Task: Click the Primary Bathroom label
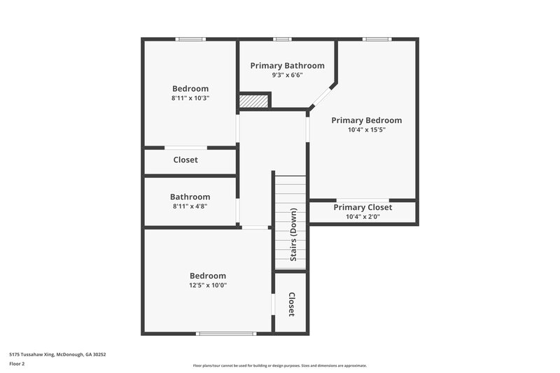(x=287, y=66)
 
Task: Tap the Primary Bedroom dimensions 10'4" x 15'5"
(x=367, y=129)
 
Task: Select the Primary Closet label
(x=363, y=207)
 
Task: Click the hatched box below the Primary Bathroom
(x=253, y=101)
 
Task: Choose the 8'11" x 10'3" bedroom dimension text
(x=190, y=99)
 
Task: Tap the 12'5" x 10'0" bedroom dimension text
(x=208, y=286)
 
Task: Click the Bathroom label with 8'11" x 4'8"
(x=190, y=197)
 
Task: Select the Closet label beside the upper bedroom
(x=185, y=160)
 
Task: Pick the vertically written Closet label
(x=291, y=304)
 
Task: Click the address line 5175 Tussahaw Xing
(x=57, y=354)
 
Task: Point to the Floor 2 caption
(x=17, y=364)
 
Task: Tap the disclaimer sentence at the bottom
(x=279, y=365)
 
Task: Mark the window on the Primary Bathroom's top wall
(x=282, y=39)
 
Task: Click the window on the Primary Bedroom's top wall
(x=377, y=39)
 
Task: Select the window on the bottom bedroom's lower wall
(x=227, y=333)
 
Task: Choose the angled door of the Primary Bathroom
(x=322, y=96)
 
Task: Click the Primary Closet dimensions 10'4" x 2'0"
(x=363, y=217)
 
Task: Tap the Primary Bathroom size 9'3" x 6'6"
(x=287, y=75)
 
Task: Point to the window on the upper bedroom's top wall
(x=190, y=39)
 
